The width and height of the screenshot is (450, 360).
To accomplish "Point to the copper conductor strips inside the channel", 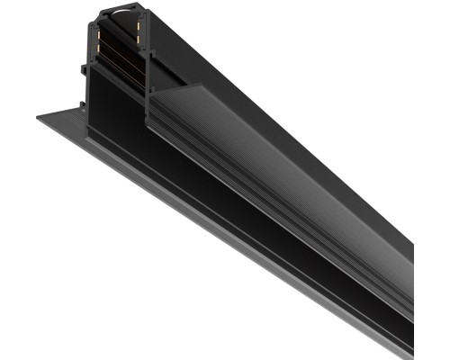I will coord(117,54).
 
